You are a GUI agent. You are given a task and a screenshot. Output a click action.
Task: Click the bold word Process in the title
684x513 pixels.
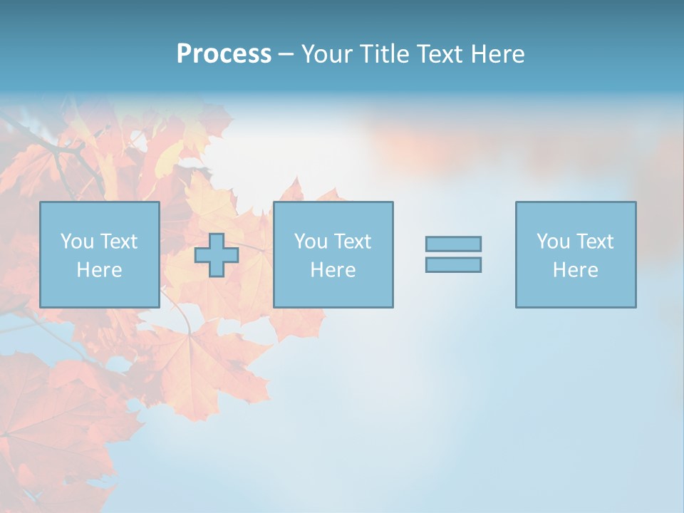point(224,54)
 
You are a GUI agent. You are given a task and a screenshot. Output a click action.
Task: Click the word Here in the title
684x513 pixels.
point(498,54)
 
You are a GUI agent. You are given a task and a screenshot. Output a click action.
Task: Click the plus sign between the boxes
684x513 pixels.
point(217,255)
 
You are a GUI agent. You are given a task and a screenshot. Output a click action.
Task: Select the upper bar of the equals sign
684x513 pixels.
point(453,244)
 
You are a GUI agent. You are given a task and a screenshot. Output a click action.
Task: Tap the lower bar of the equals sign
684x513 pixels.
point(453,264)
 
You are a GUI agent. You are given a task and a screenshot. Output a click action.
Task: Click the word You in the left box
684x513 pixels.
point(77,242)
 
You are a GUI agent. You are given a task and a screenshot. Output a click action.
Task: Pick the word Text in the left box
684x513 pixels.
point(118,242)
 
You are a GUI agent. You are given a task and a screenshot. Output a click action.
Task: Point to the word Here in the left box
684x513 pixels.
point(99,270)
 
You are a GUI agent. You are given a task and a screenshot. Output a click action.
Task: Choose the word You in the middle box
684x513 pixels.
point(311,242)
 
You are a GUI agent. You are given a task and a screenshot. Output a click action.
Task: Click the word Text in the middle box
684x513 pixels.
point(352,242)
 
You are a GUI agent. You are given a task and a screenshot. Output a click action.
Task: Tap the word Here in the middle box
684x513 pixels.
point(333,270)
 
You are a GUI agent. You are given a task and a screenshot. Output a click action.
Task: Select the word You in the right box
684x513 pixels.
point(553,242)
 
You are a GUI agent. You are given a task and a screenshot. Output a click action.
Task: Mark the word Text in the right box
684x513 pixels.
point(594,242)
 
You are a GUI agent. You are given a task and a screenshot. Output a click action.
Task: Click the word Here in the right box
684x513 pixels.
point(575,270)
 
